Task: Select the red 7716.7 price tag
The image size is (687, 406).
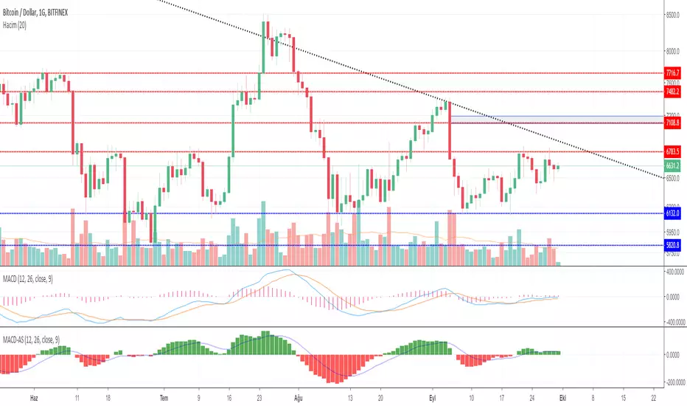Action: click(x=672, y=73)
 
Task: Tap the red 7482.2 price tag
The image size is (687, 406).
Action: click(x=672, y=92)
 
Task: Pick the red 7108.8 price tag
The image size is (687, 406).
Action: click(x=672, y=123)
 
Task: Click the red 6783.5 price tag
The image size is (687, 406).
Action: click(x=672, y=152)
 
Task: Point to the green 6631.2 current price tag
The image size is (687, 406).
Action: click(x=672, y=167)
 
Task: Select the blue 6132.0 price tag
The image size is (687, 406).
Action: click(x=672, y=213)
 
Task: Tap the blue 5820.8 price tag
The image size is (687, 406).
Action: click(x=672, y=245)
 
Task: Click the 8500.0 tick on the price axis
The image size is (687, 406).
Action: click(x=672, y=15)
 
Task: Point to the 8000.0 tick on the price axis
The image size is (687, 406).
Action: click(x=672, y=51)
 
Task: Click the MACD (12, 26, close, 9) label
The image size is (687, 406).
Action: click(x=34, y=277)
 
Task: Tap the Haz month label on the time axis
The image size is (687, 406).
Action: click(x=33, y=396)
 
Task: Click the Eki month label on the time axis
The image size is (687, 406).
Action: click(x=563, y=396)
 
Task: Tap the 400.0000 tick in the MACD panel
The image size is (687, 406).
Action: click(x=672, y=272)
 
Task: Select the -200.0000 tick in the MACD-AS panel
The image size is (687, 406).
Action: click(x=672, y=382)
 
